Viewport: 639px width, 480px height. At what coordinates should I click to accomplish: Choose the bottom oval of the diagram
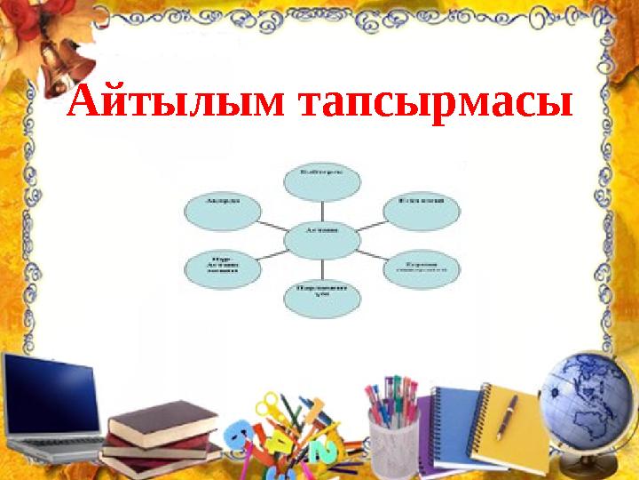(321, 298)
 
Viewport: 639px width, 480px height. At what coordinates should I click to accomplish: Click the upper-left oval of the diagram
(223, 211)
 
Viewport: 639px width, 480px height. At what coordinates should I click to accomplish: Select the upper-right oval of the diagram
(422, 211)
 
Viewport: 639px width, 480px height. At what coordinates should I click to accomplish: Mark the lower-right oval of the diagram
(422, 268)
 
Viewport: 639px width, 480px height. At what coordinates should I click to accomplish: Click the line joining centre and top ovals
(321, 210)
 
